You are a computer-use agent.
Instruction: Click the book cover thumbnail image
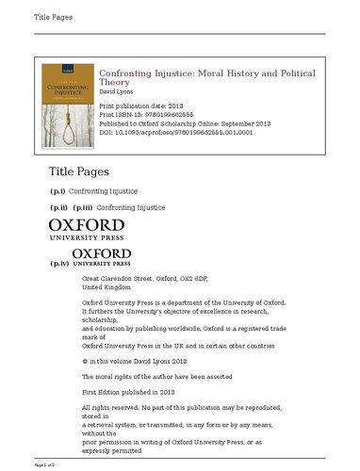[69, 108]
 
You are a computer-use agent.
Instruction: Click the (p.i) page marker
[57, 191]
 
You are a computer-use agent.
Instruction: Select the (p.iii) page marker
[84, 206]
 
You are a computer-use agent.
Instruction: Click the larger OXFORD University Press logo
[86, 230]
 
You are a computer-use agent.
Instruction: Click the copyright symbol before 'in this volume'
[85, 361]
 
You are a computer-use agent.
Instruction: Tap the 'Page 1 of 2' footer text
[45, 465]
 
